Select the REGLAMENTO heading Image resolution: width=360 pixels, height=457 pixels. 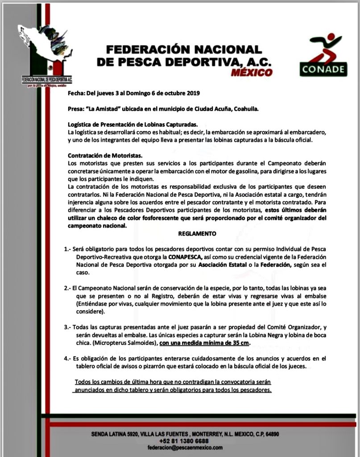pos(197,233)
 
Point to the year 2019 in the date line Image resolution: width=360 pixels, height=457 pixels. pos(193,93)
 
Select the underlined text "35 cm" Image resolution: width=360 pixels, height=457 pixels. pos(241,343)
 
